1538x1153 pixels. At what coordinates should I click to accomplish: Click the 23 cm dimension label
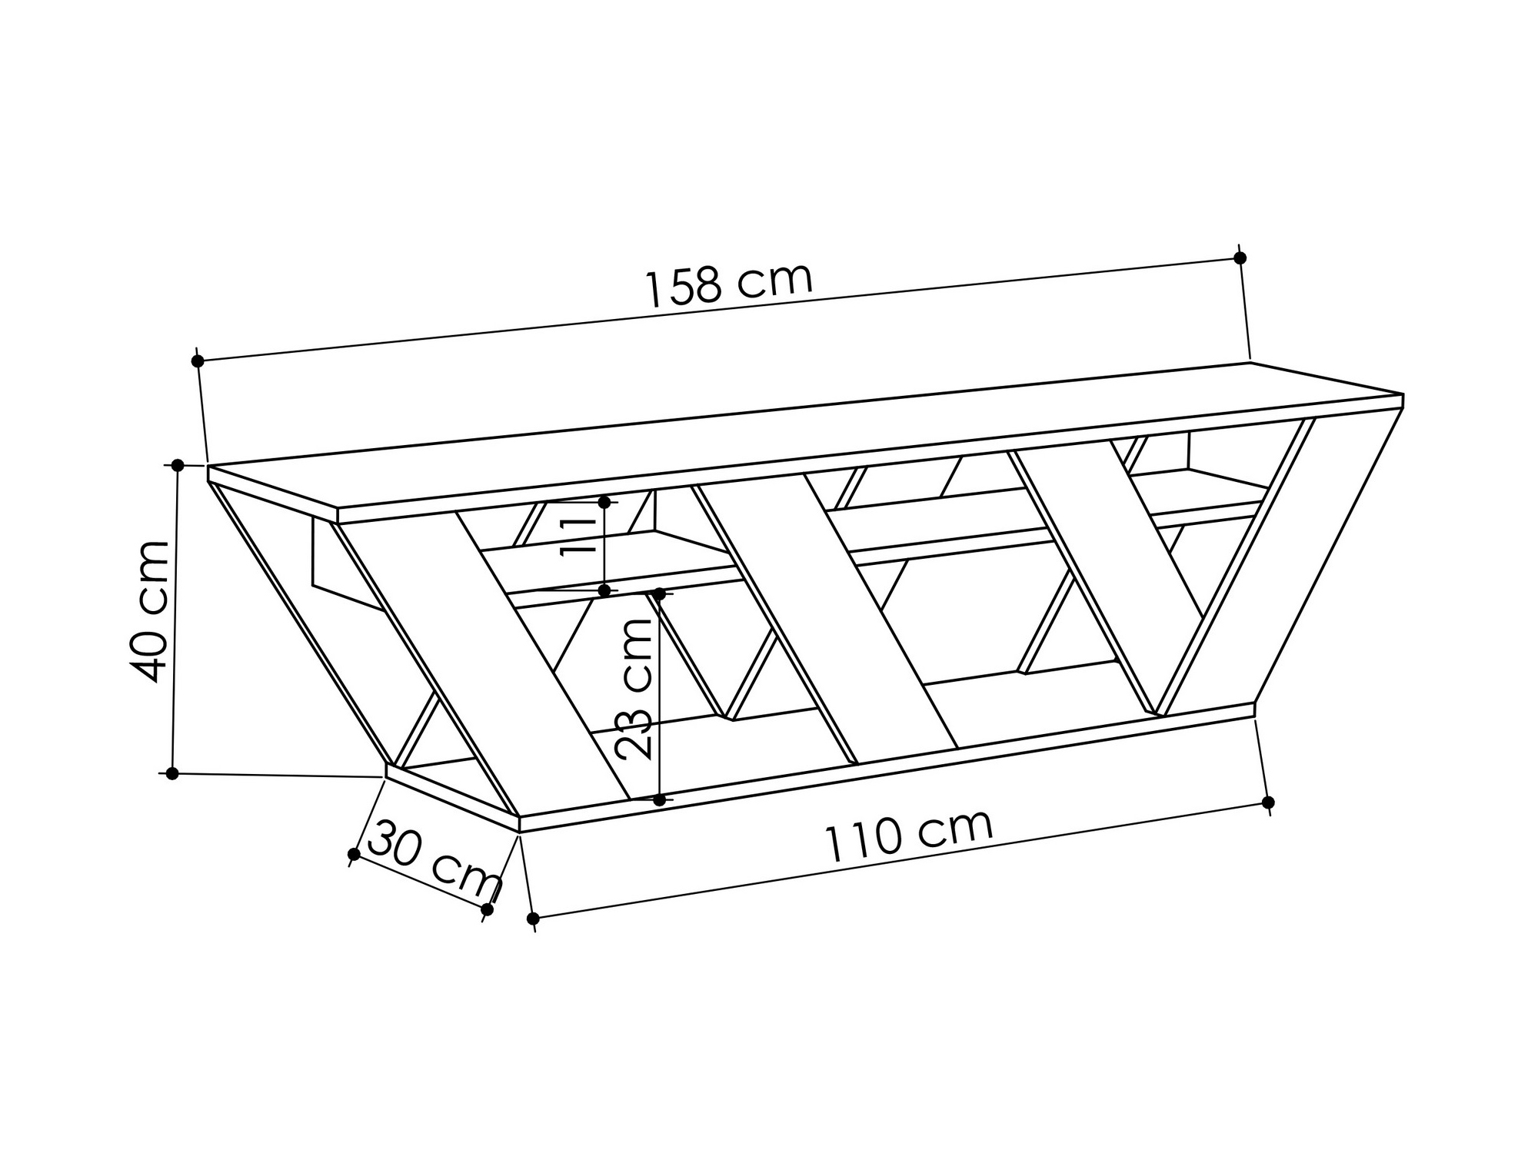click(634, 689)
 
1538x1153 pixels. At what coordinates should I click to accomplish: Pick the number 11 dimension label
click(578, 536)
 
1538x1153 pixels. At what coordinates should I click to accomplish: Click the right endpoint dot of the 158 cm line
click(1240, 258)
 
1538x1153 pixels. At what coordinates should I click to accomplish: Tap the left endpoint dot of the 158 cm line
click(198, 361)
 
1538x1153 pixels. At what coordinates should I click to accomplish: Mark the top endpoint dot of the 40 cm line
click(177, 465)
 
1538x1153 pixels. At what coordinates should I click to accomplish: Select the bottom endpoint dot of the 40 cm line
click(172, 773)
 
